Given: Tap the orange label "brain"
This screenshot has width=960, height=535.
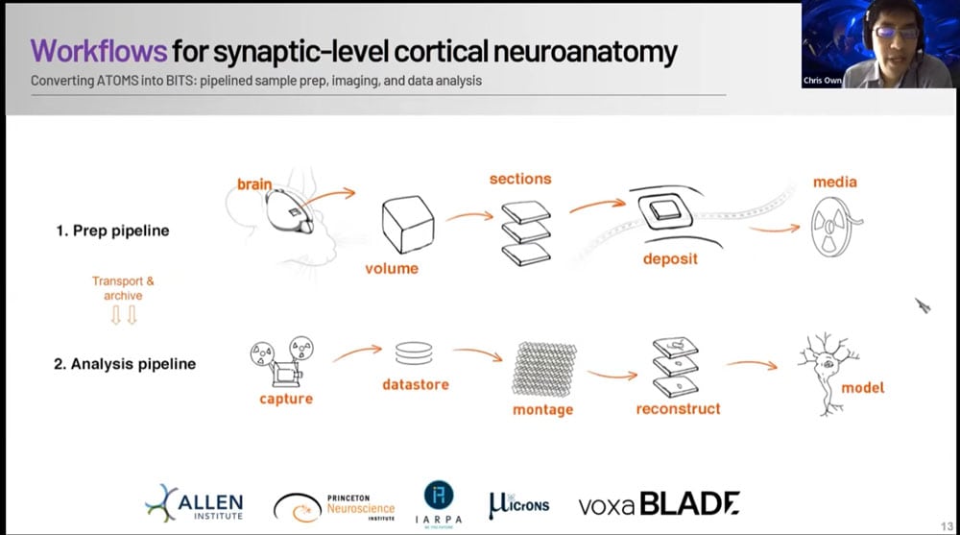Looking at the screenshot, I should [x=254, y=183].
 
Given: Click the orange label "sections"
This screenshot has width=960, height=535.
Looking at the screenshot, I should [x=520, y=179].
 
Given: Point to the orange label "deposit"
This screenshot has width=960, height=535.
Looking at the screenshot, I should [x=671, y=258].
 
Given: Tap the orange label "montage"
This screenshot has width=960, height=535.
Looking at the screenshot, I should [x=542, y=409].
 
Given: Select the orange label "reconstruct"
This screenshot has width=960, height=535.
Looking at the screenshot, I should [x=678, y=409].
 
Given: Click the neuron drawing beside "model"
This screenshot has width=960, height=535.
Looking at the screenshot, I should [x=824, y=370].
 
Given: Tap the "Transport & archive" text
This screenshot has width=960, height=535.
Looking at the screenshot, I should [x=123, y=288].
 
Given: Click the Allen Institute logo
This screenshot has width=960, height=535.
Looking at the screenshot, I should [x=195, y=503].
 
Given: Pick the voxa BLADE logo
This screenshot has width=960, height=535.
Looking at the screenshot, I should [x=659, y=503].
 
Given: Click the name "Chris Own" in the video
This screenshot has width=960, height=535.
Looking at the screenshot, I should [x=822, y=81].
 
